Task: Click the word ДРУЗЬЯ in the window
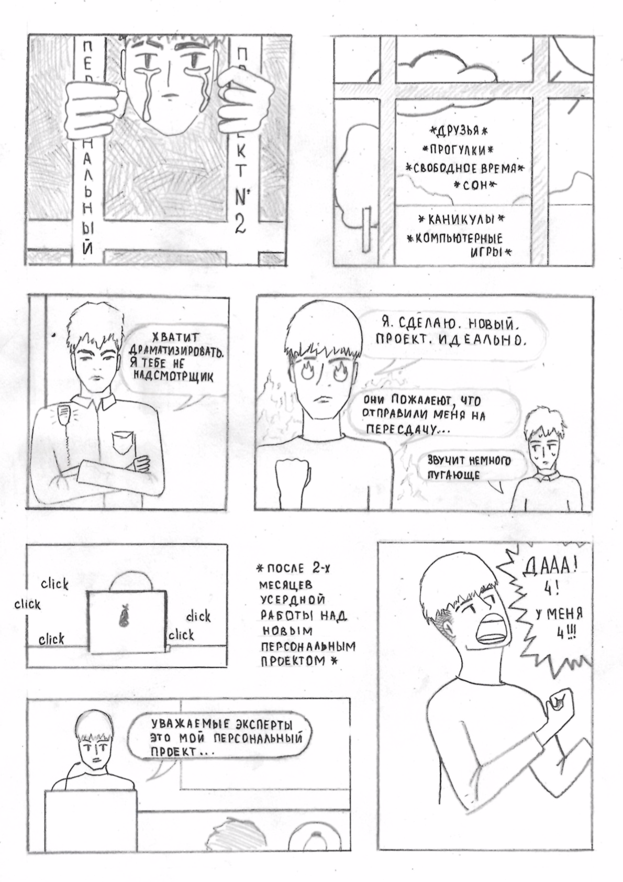458,131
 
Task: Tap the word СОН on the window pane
475,185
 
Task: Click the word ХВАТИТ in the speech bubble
177,337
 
